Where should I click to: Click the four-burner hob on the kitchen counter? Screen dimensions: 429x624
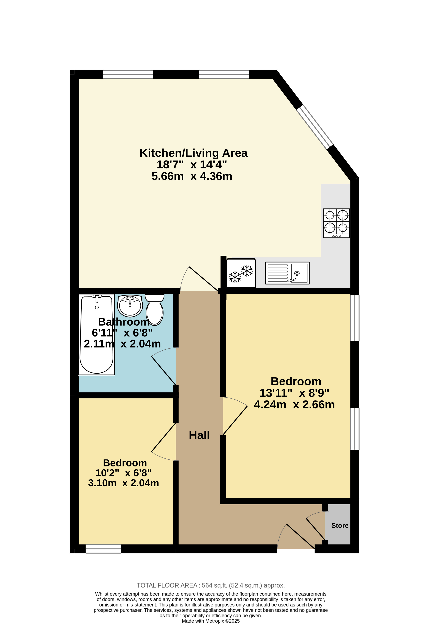pos(336,223)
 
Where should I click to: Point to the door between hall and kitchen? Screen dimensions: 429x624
pos(199,279)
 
